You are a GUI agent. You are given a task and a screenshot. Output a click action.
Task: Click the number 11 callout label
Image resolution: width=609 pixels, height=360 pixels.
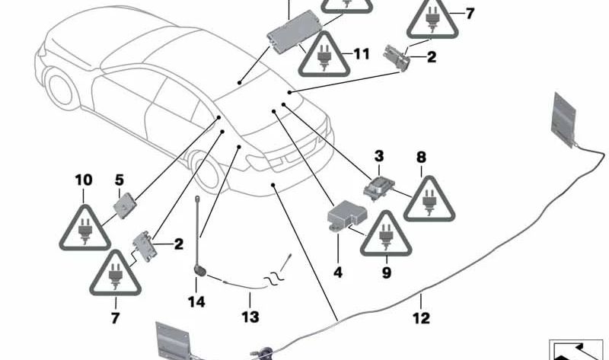coord(360,54)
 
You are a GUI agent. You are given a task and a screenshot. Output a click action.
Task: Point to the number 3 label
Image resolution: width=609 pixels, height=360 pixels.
coord(378,156)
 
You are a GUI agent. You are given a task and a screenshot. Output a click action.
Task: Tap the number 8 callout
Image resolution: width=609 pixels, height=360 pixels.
coord(421,158)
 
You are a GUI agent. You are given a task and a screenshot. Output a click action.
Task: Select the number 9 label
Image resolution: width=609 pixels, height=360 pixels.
coord(386,271)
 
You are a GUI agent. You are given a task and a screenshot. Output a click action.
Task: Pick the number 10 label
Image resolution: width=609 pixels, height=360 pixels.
coord(83,180)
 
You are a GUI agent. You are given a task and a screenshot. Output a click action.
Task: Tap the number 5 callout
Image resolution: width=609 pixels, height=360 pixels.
coord(120,180)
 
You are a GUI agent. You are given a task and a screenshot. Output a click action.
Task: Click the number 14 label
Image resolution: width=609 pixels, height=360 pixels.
coord(197,302)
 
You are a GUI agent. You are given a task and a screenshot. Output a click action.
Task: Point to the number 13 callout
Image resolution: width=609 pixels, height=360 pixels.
coord(250,317)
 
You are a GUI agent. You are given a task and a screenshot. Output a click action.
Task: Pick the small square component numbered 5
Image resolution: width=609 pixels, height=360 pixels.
coord(123,203)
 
